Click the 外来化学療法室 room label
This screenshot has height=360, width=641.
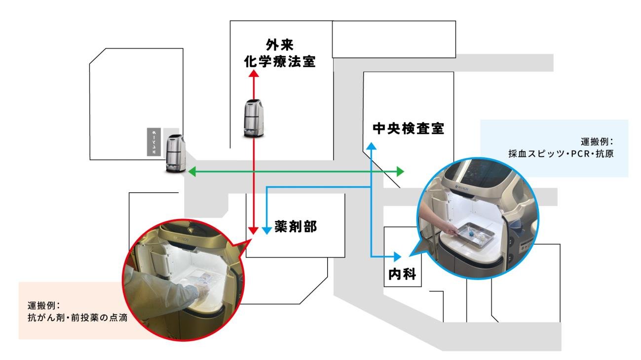tap(281, 55)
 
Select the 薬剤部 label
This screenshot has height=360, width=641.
tap(295, 226)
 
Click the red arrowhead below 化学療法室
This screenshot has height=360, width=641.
tap(254, 74)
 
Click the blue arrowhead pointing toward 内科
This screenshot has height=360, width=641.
tap(398, 256)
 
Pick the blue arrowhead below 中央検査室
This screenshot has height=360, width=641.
tap(371, 146)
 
